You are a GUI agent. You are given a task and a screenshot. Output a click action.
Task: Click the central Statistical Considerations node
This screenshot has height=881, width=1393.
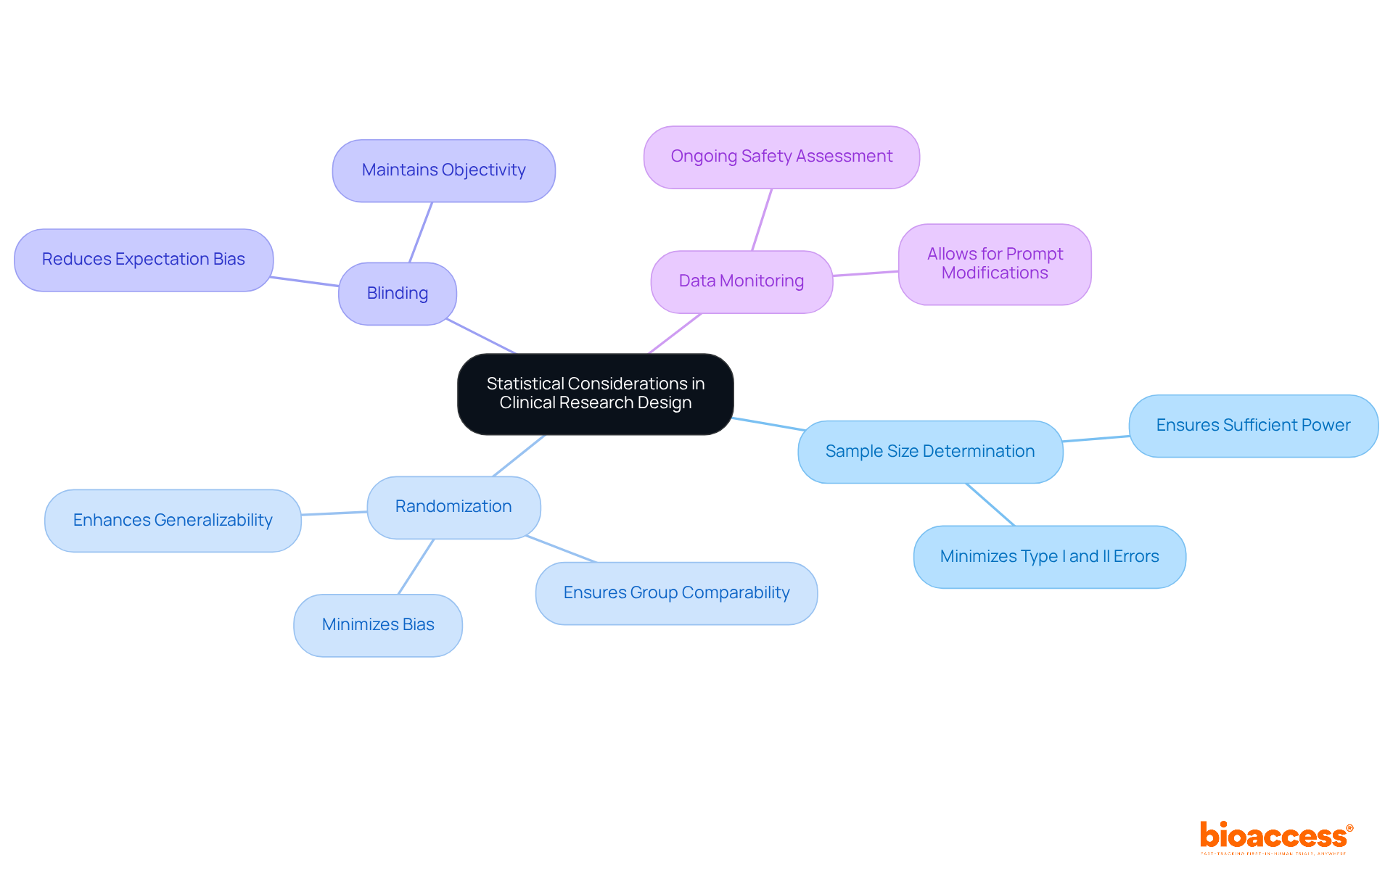coord(595,394)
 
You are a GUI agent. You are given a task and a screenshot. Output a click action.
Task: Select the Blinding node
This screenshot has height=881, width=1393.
coord(397,294)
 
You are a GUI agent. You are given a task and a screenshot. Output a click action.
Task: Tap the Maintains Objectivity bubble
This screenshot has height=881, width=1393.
coord(443,170)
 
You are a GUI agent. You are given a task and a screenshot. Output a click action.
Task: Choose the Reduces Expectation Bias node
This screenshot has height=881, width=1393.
coord(144,260)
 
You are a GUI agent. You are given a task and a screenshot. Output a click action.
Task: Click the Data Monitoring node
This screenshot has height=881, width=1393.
coord(741,281)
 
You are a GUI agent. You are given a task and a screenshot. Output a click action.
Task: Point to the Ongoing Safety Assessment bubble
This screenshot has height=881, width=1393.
coord(781,157)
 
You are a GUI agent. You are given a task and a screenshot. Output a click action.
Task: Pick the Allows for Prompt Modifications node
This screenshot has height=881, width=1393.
coord(994,264)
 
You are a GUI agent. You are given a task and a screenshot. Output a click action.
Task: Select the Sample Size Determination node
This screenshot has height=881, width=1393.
coord(929,452)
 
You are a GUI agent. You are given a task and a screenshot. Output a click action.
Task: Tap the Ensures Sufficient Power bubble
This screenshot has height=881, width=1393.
coord(1253,426)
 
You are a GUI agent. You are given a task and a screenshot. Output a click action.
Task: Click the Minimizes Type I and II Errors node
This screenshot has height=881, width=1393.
coord(1049,557)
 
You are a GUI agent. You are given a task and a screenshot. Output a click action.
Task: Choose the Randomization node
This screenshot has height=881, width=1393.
coord(453,507)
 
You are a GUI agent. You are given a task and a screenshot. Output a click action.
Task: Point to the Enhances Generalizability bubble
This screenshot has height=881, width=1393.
coord(173,521)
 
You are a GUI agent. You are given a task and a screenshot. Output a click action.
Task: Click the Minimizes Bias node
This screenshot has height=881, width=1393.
coord(377,625)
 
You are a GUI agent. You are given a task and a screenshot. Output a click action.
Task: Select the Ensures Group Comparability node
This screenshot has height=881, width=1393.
coord(676,593)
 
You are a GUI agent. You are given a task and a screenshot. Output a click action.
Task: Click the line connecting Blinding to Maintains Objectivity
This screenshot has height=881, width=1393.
coord(421,232)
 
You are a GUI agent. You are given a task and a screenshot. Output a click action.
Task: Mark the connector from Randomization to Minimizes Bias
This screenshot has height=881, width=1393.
coord(416,567)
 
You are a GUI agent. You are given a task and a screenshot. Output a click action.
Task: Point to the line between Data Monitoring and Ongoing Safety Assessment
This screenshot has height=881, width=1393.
coord(762,220)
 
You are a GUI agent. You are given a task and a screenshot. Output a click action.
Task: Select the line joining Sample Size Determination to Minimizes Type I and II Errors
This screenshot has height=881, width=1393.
coord(990,505)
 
